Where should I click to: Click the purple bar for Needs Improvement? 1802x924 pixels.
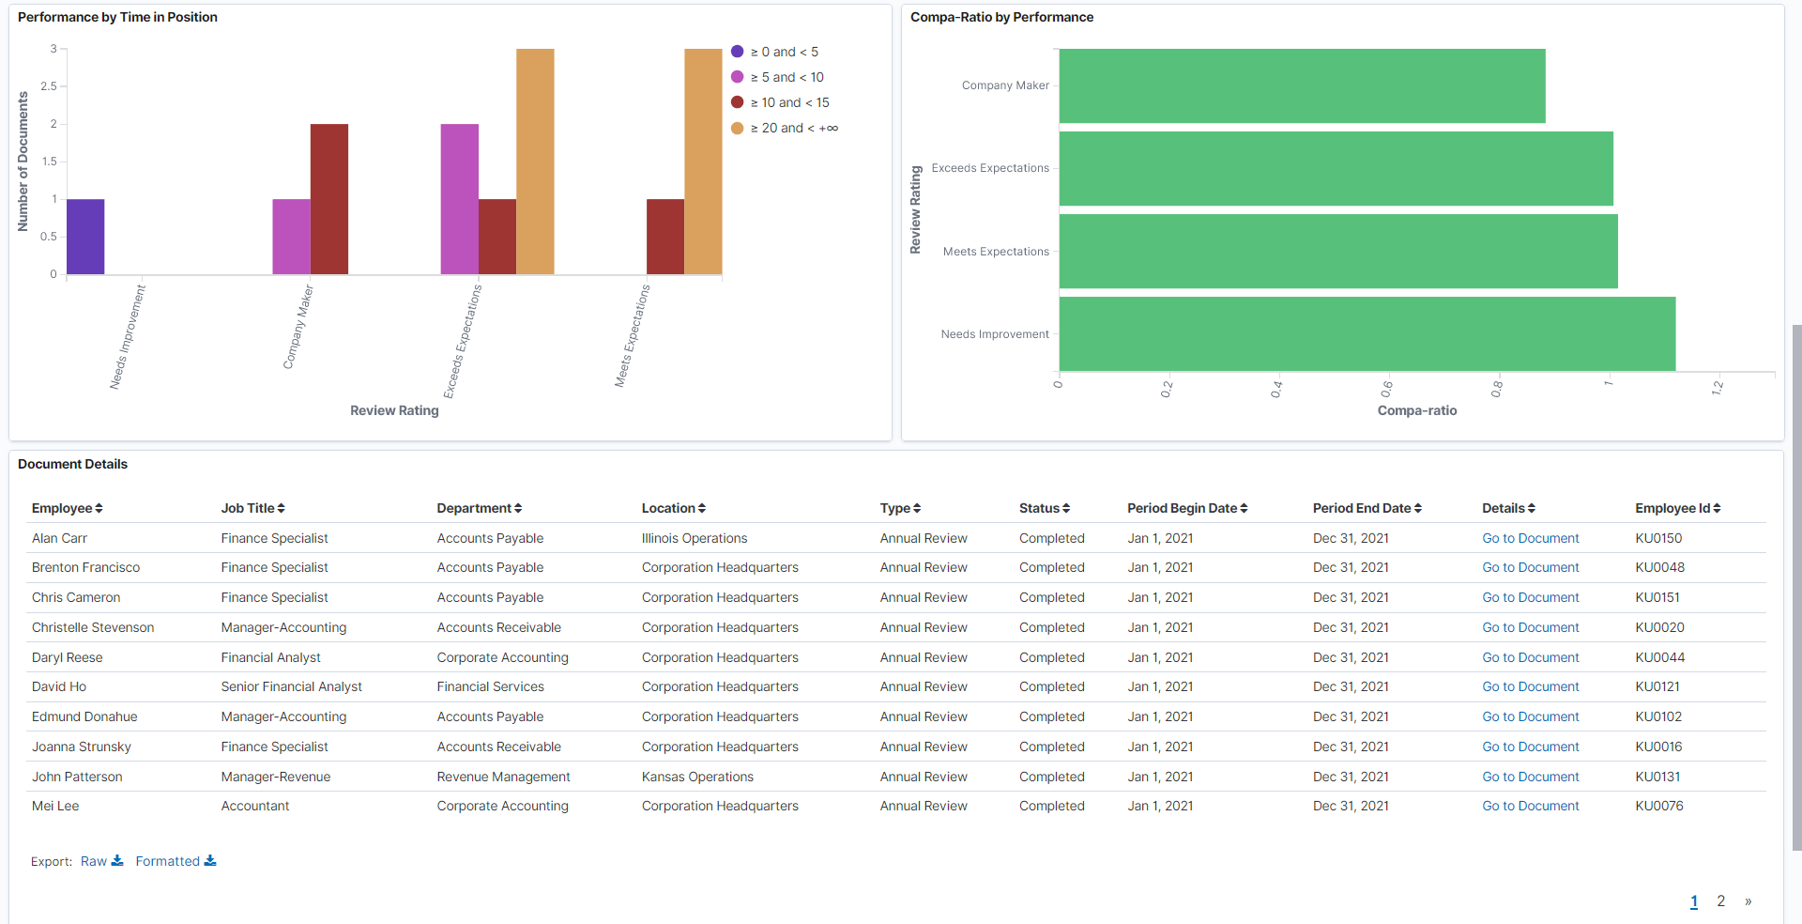point(85,237)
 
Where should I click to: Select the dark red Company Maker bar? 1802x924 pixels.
point(328,199)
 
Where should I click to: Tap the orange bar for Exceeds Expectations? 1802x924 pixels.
point(535,162)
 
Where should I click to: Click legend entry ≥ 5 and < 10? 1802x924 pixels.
point(786,77)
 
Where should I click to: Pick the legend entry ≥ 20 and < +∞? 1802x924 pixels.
point(793,128)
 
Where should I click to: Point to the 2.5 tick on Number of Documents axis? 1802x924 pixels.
point(49,86)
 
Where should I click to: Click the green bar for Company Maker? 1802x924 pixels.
point(1302,85)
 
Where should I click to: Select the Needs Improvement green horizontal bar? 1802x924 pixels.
point(1367,333)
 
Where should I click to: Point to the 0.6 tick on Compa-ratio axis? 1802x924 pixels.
point(1387,387)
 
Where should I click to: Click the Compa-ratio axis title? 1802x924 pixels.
point(1416,410)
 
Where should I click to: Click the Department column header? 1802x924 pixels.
point(474,508)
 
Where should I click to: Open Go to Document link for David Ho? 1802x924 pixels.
point(1530,686)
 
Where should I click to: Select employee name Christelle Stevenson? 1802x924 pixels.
point(93,627)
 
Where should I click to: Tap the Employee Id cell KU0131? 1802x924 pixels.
point(1657,777)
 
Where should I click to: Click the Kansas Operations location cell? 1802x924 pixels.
point(697,777)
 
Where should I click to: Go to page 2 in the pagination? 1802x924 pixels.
point(1720,901)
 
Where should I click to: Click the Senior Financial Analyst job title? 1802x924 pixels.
point(291,686)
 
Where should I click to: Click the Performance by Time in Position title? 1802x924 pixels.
point(117,17)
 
